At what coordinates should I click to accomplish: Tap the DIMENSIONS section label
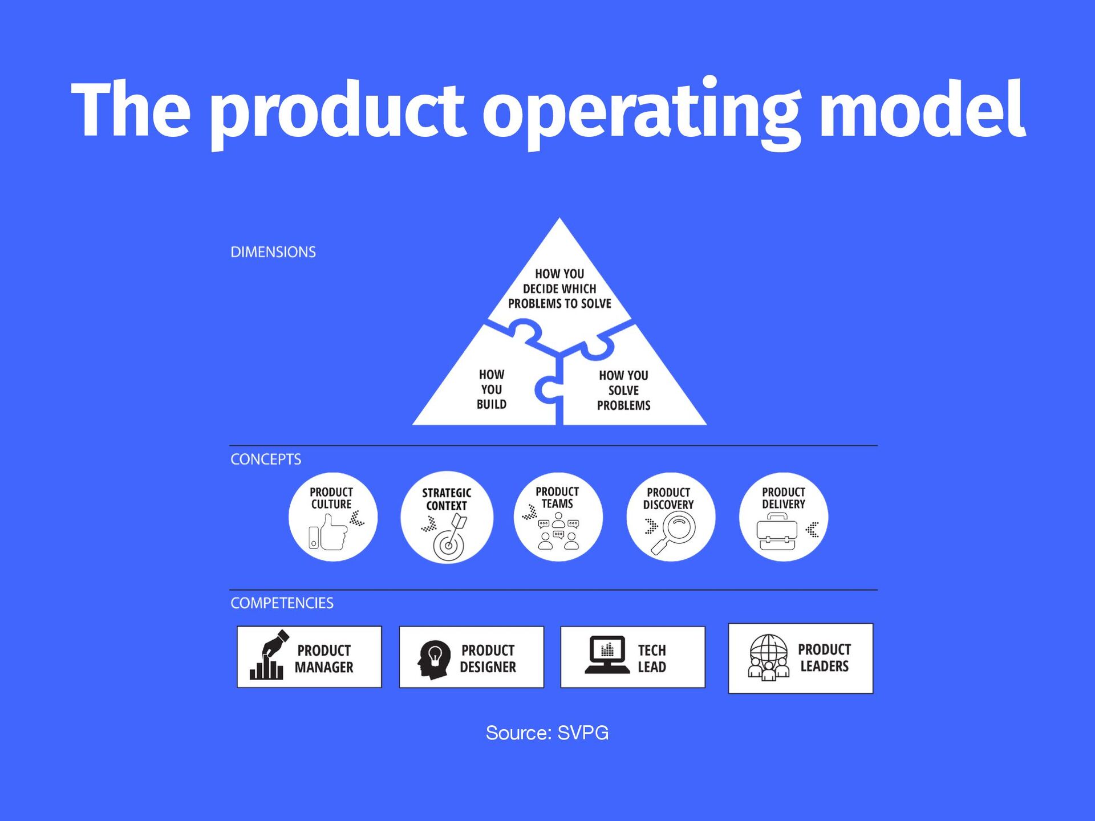pos(273,252)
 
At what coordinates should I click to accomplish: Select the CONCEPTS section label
pos(266,459)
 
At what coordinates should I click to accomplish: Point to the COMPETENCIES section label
pos(282,603)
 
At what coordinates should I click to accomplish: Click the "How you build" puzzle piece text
pos(491,389)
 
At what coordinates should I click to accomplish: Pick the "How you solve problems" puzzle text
pos(623,391)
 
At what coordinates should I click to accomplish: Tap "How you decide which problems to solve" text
pos(559,288)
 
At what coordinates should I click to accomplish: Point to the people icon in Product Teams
pos(558,532)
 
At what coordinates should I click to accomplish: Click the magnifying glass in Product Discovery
pos(675,532)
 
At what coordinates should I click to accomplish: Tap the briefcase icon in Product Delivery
pos(776,532)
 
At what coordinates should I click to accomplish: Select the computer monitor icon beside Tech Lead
pos(607,655)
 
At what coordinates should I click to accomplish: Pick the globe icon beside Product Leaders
pos(768,657)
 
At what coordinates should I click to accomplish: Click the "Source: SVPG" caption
pos(547,733)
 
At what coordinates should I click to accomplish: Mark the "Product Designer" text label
pos(488,659)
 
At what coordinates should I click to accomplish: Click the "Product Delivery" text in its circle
pos(783,498)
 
